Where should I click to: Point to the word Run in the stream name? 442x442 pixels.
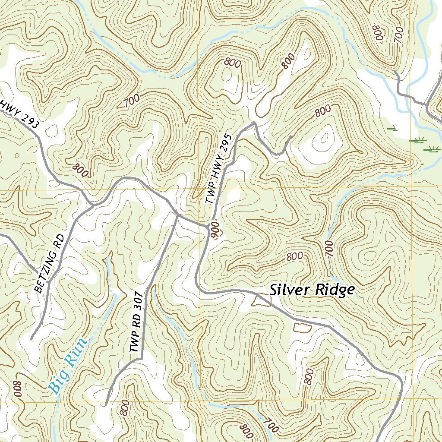click(x=76, y=351)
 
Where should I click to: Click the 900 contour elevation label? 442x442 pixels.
click(x=216, y=228)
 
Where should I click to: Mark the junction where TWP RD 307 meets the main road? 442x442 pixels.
click(x=177, y=214)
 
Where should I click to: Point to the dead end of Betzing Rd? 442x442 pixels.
click(x=32, y=339)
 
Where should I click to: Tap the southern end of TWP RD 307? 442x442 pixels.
click(x=106, y=404)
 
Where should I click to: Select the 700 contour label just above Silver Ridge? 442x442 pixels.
click(x=329, y=249)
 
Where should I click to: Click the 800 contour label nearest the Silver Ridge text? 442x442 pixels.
click(x=294, y=256)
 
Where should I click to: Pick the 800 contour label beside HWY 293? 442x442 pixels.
click(x=81, y=170)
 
